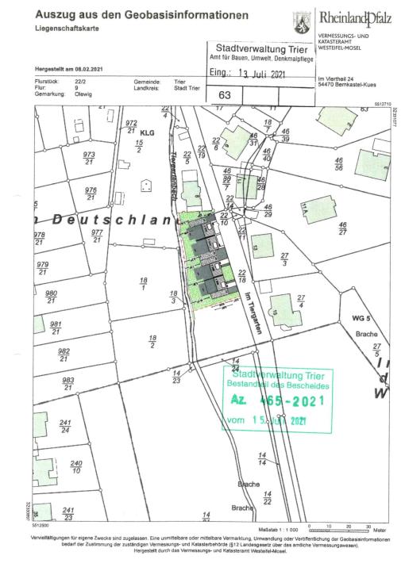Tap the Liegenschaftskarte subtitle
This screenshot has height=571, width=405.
67,28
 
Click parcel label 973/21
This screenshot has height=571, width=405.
89,158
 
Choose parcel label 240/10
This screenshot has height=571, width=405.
76,466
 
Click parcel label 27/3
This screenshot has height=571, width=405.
283,259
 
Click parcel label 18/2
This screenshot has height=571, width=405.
152,341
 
